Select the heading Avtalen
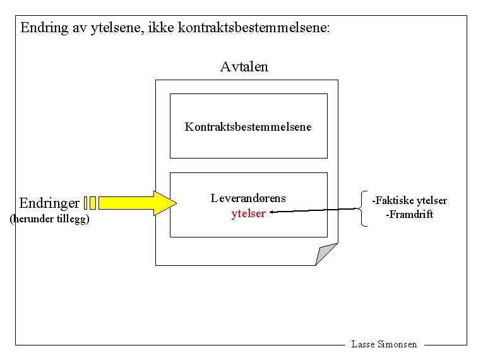click(x=244, y=66)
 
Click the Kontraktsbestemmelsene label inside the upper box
click(x=248, y=126)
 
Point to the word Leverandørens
click(x=248, y=198)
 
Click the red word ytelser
click(x=248, y=213)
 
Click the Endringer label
click(x=49, y=203)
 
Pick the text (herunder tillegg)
click(x=50, y=219)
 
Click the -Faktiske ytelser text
click(x=409, y=200)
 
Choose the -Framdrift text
click(x=409, y=214)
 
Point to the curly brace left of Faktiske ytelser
click(x=362, y=208)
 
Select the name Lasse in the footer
click(x=363, y=344)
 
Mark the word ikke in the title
click(x=164, y=28)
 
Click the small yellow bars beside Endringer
click(x=90, y=203)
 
